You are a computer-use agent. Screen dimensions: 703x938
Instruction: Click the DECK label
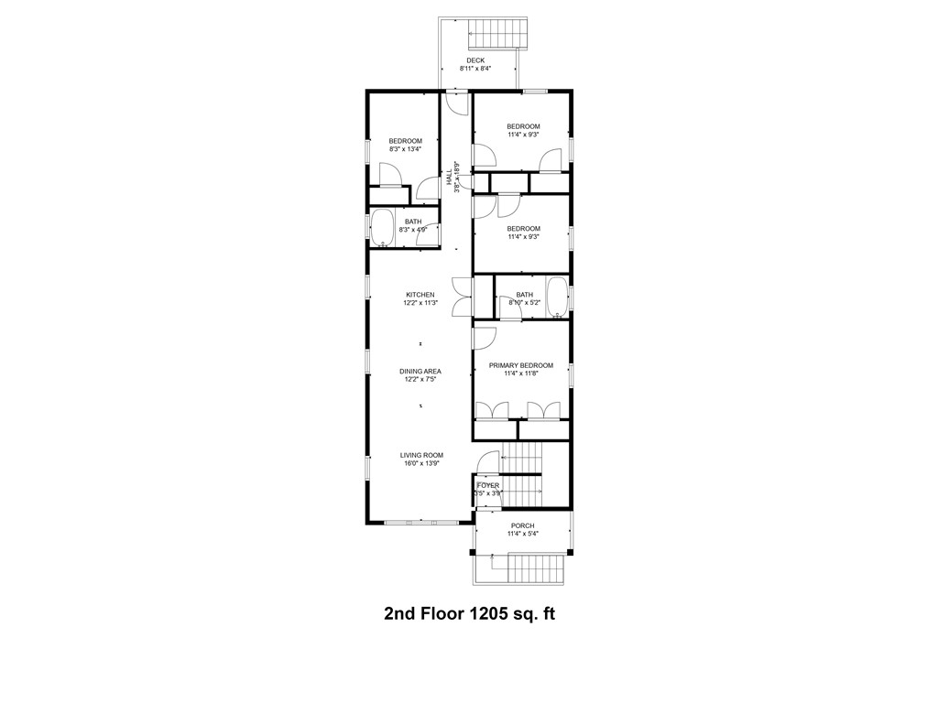(475, 60)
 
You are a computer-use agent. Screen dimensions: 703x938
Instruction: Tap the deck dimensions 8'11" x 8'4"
(475, 69)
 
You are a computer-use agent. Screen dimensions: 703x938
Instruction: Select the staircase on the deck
(499, 34)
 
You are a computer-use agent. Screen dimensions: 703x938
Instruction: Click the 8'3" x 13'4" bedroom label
(405, 141)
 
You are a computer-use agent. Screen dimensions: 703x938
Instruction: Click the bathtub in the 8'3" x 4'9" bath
(382, 229)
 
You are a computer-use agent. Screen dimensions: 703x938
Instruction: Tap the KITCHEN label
(420, 295)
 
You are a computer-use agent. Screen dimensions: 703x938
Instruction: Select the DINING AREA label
(420, 372)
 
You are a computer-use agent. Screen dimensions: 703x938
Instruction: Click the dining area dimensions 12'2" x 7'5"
(420, 380)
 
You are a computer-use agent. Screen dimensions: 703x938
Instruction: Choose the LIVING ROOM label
(421, 455)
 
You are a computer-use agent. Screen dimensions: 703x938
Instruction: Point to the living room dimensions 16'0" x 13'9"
(421, 464)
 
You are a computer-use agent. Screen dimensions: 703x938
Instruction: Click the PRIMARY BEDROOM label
(520, 365)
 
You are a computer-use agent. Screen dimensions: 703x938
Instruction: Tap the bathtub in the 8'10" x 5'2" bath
(557, 297)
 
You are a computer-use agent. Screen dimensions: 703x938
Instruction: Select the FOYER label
(488, 485)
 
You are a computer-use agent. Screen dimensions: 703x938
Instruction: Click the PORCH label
(522, 525)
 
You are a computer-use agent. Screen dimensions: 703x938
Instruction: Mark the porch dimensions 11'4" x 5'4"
(522, 534)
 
